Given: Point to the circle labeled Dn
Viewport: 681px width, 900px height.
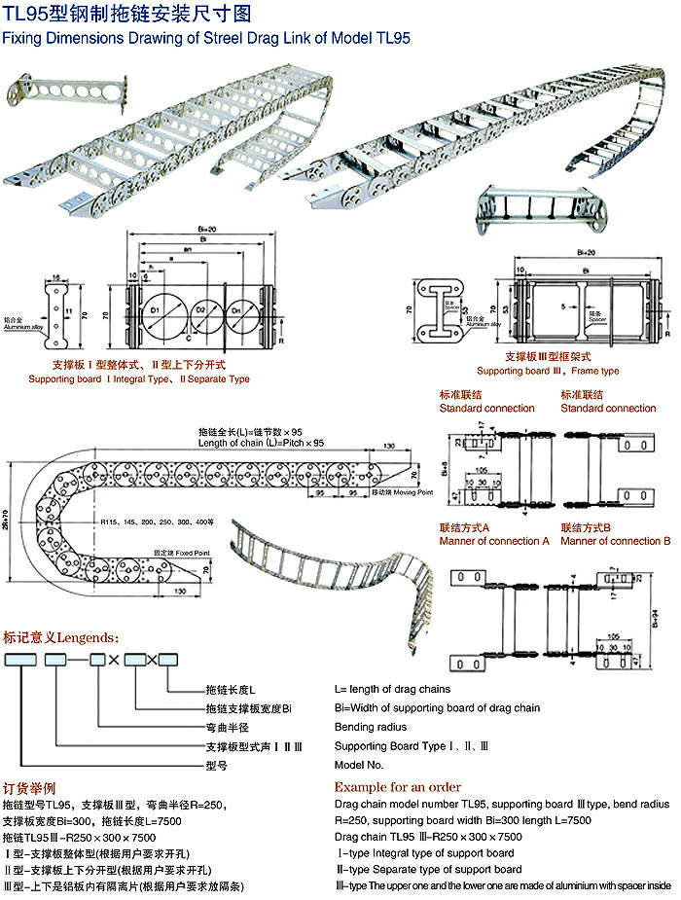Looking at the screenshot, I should click(243, 313).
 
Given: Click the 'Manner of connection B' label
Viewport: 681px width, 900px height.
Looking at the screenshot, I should click(616, 541).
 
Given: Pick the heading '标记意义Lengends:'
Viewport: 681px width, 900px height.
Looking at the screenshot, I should click(61, 638).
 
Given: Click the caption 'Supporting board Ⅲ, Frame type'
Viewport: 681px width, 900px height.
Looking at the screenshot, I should click(548, 371).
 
